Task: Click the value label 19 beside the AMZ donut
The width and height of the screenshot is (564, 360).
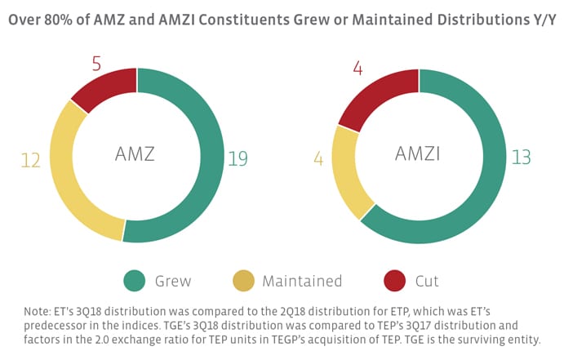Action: (x=238, y=158)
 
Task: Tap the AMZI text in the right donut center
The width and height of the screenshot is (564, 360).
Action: (x=419, y=154)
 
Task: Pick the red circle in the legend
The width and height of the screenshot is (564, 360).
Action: (x=395, y=282)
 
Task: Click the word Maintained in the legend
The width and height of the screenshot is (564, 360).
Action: (x=302, y=282)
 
